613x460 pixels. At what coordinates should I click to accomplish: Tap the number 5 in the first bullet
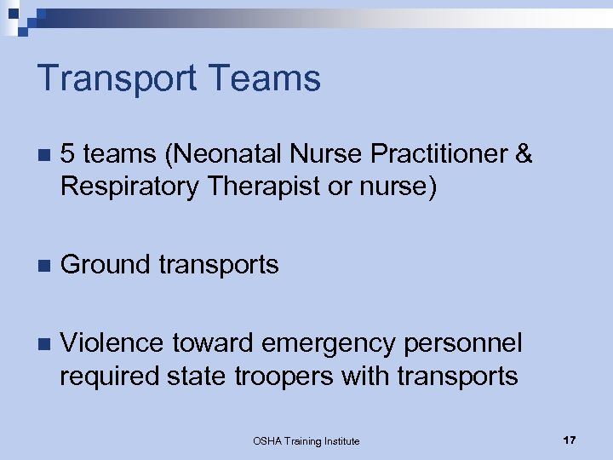pos(68,153)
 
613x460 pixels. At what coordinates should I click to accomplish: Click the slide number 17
pos(570,440)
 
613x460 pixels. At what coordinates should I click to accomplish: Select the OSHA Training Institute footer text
pos(306,440)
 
